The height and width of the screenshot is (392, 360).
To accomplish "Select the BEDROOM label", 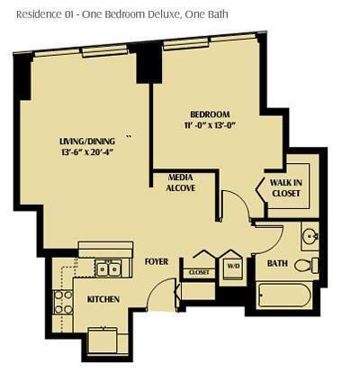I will coord(209,114).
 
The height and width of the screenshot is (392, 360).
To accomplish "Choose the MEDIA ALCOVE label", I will coord(181,183).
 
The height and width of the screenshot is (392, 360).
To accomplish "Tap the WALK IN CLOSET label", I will coord(287,187).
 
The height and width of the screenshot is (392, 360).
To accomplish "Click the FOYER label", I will coord(157,261).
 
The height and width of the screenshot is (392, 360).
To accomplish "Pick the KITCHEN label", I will coord(103,298).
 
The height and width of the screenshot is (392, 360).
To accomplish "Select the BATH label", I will coord(278,264).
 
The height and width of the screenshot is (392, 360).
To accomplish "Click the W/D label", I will coord(232,267).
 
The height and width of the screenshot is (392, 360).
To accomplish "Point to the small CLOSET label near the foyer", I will coord(199,271).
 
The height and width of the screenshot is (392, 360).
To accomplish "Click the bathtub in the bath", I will coord(283,294).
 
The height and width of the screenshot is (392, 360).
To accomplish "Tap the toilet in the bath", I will coord(306,265).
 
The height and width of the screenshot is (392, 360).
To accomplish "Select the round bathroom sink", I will coord(309,236).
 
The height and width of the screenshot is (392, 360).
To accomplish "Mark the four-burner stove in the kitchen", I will coord(63,302).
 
